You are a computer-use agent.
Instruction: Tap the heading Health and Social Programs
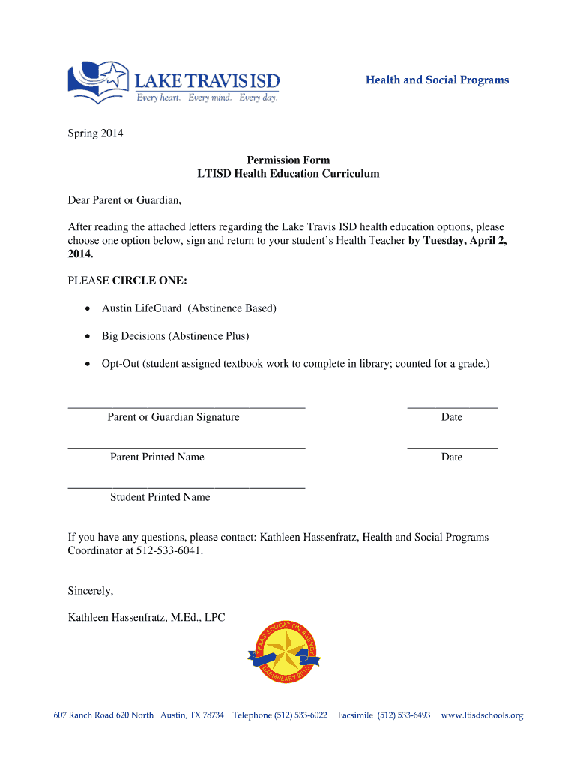coord(437,79)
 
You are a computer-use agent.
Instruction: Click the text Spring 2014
coord(95,134)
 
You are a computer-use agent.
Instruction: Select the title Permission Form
coord(288,160)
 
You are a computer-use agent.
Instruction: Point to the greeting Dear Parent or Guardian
coord(125,201)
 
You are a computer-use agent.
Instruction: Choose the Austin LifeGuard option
coord(189,308)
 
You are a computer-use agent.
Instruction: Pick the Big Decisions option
coord(175,336)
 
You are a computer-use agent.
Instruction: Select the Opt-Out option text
coord(295,364)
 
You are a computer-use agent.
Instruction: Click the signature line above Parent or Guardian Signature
coord(187,406)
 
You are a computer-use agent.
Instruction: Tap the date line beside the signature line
coord(452,406)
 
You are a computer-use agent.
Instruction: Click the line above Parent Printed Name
coord(187,447)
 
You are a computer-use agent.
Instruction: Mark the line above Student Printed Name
coord(187,487)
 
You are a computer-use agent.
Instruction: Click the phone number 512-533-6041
coord(169,550)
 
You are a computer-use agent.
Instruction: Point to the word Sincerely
coord(91,591)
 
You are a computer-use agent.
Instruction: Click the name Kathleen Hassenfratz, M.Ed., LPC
coord(146,618)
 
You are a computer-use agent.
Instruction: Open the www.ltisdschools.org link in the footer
coord(482,715)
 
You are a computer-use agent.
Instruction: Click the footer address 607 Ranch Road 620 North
coord(103,715)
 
